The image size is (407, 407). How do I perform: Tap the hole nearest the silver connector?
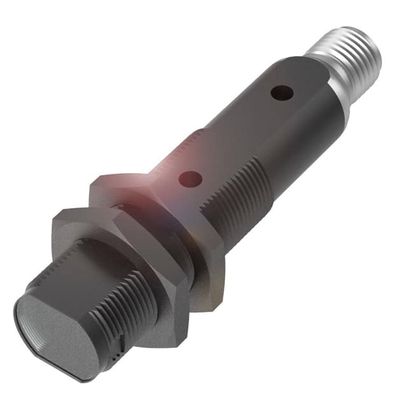pos(282,93)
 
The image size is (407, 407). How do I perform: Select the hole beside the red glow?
pos(188,179)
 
